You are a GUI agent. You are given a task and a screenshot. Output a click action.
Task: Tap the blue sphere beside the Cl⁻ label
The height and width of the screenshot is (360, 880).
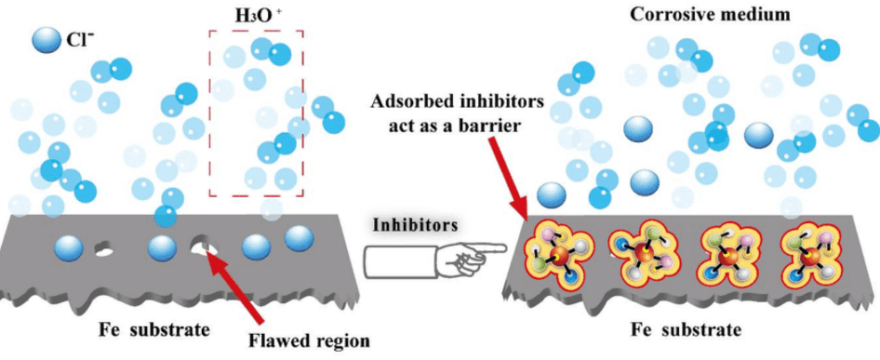coord(44,42)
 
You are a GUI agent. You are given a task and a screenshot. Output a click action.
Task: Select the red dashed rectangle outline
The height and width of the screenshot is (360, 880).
coord(210,112)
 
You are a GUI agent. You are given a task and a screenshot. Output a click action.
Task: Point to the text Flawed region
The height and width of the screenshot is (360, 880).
coord(310,340)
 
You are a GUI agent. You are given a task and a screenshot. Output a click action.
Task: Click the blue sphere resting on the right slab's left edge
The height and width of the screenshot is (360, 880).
coord(551,194)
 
